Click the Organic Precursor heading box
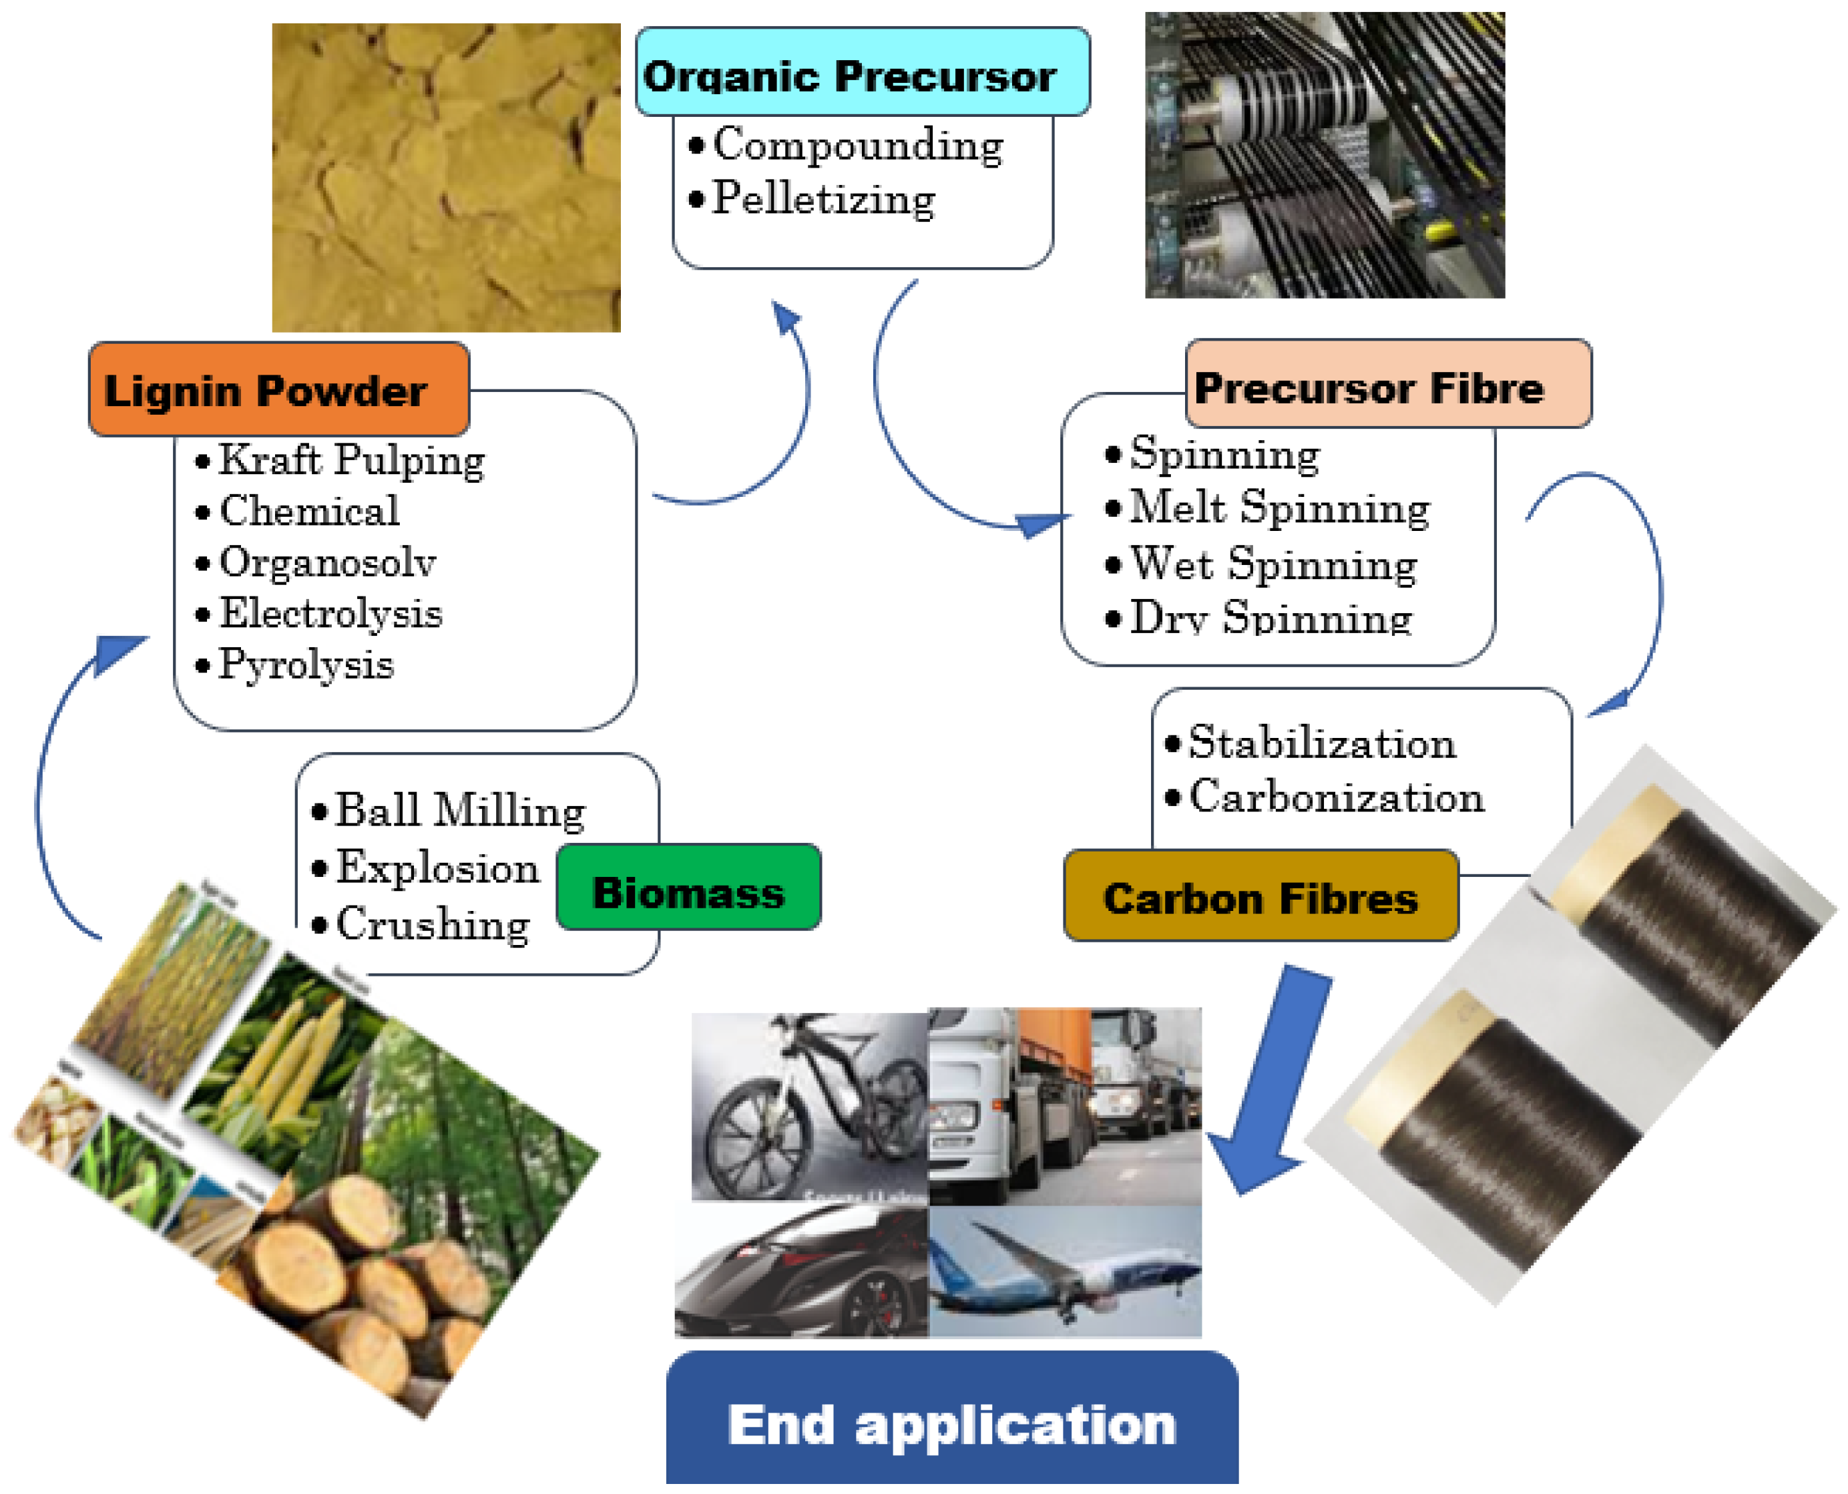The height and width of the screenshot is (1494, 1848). click(x=862, y=73)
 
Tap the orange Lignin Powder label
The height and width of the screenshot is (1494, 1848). click(x=278, y=390)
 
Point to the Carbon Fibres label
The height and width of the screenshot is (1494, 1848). click(x=1260, y=897)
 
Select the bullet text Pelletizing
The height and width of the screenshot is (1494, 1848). click(x=823, y=199)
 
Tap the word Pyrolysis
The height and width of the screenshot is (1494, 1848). click(x=305, y=665)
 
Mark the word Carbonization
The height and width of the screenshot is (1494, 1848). click(x=1335, y=797)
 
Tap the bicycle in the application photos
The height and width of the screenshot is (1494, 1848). click(x=808, y=1106)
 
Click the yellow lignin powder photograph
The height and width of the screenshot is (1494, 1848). click(x=446, y=177)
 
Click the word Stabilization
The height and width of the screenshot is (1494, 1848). click(x=1321, y=743)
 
